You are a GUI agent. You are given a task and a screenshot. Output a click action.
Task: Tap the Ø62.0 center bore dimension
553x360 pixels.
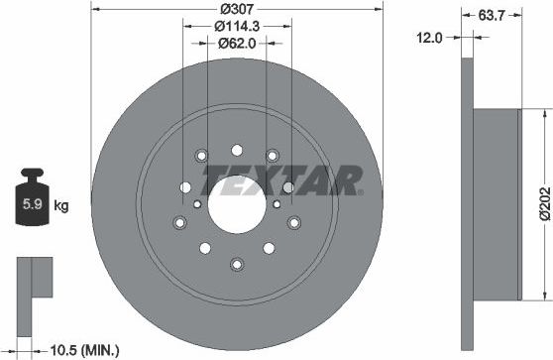[236, 44]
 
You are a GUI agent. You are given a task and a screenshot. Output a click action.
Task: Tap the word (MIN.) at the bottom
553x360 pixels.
[100, 349]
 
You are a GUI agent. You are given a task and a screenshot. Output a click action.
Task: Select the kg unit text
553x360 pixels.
[60, 206]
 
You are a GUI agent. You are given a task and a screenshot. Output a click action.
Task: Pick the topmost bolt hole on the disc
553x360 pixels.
[236, 151]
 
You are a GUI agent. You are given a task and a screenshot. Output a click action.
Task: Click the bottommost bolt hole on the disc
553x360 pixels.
[236, 263]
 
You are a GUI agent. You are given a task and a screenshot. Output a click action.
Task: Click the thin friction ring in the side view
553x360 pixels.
[468, 202]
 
